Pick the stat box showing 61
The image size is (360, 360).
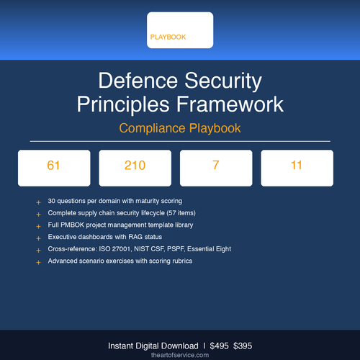(x=53, y=166)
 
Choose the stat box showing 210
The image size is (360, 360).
(x=135, y=166)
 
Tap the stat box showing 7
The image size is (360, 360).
(x=215, y=166)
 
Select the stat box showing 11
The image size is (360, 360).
(x=297, y=166)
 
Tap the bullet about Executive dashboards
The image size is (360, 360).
(x=104, y=237)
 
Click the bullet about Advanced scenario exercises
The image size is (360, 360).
(x=120, y=261)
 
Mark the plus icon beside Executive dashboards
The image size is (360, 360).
(x=38, y=238)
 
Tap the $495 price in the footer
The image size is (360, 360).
(x=220, y=345)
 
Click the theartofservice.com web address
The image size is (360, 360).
(x=179, y=355)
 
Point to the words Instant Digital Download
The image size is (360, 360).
(x=150, y=345)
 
